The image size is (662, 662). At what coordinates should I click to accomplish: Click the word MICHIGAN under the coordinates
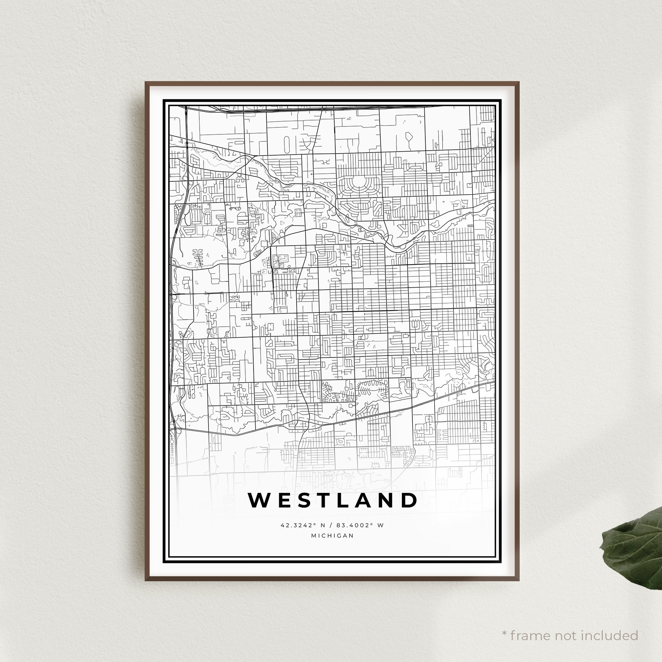332,536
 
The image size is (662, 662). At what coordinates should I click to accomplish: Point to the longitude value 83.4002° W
360,525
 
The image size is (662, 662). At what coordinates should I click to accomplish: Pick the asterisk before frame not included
504,624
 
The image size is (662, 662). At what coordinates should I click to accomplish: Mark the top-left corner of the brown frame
146,82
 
